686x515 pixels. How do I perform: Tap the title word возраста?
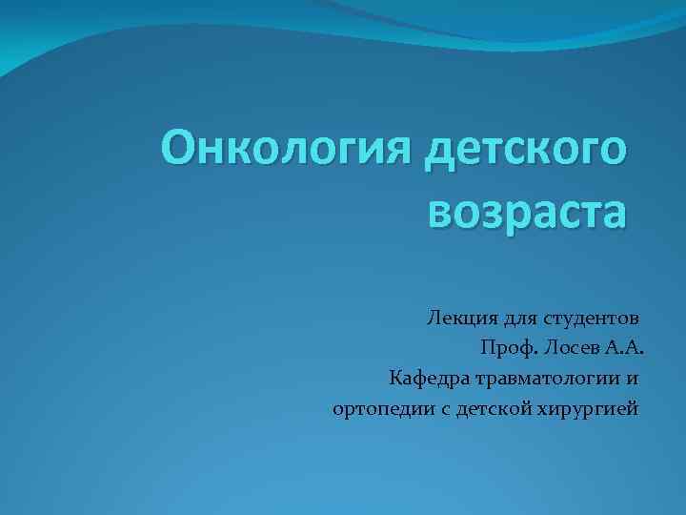pyautogui.click(x=528, y=212)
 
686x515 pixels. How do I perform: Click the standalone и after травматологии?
pyautogui.click(x=633, y=380)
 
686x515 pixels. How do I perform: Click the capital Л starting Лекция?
pyautogui.click(x=434, y=316)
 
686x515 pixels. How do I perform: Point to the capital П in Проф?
pyautogui.click(x=489, y=347)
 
